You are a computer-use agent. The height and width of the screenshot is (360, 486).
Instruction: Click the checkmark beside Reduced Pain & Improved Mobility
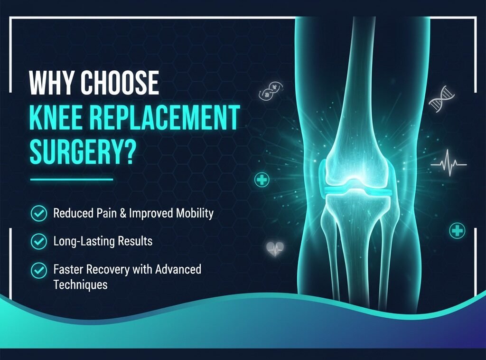pyautogui.click(x=38, y=213)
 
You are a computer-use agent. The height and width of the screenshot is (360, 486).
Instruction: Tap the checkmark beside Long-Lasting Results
pyautogui.click(x=38, y=242)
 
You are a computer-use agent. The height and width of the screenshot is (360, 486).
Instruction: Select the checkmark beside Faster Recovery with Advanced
pyautogui.click(x=38, y=270)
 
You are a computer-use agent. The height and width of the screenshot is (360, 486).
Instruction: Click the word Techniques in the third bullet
pyautogui.click(x=80, y=284)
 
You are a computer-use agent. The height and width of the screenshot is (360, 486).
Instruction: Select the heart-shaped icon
pyautogui.click(x=275, y=248)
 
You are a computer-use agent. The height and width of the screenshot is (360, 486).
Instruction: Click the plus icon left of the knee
pyautogui.click(x=262, y=180)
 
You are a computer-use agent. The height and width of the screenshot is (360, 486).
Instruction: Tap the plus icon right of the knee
pyautogui.click(x=457, y=231)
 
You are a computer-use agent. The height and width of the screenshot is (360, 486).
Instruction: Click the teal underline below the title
pyautogui.click(x=71, y=180)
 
